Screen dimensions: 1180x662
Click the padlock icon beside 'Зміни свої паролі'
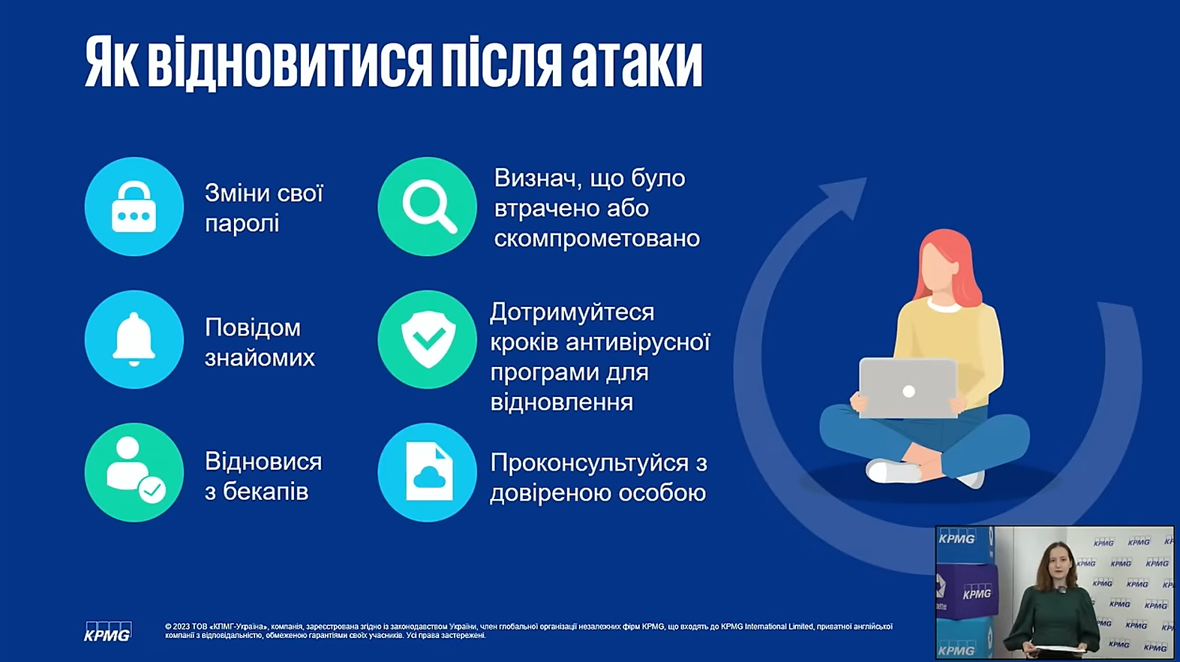click(x=134, y=206)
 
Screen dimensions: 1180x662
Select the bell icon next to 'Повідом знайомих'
click(x=134, y=339)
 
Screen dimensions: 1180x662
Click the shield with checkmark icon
click(x=428, y=339)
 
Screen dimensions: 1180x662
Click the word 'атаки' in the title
click(x=637, y=63)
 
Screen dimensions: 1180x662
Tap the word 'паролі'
click(x=242, y=224)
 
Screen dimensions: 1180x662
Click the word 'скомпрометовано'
click(x=597, y=239)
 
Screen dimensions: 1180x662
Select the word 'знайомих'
click(x=260, y=358)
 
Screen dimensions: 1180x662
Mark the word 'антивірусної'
click(x=638, y=342)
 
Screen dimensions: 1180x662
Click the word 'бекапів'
click(x=266, y=492)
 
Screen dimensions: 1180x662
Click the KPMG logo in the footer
click(x=107, y=631)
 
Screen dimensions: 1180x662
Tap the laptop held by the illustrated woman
click(x=908, y=388)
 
